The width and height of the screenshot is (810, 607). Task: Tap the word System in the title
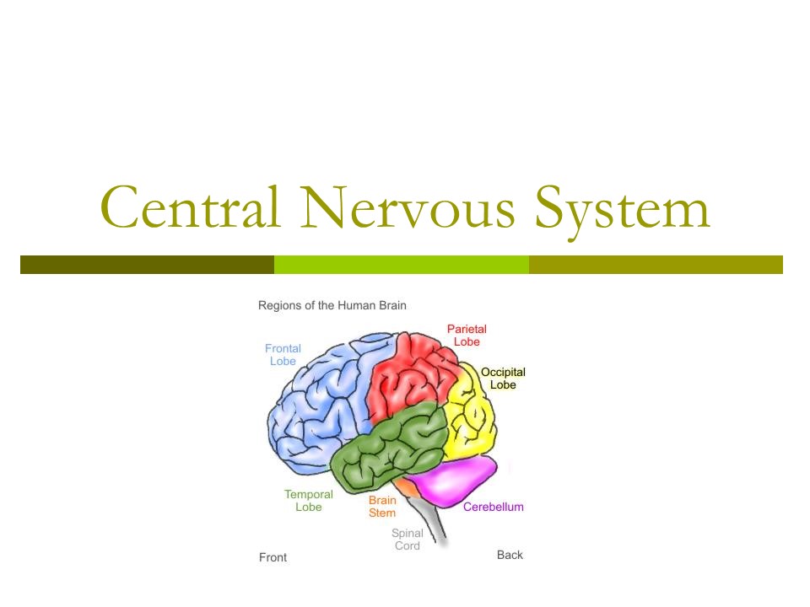(x=623, y=209)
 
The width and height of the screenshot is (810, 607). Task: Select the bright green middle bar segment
(x=402, y=265)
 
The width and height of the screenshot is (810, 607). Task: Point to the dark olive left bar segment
(x=147, y=265)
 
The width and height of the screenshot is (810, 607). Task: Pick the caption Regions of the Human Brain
(x=332, y=305)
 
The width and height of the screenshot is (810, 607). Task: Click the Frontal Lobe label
(x=283, y=355)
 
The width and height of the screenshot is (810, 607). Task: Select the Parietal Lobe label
(x=467, y=336)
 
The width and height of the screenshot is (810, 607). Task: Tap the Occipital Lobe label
(x=503, y=379)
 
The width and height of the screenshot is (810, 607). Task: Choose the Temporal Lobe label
(x=308, y=501)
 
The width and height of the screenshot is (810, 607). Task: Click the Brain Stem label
(x=382, y=507)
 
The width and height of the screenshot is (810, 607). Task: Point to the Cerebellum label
(x=494, y=507)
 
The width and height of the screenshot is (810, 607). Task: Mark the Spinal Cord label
(x=408, y=540)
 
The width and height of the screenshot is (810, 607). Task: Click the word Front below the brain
(x=273, y=557)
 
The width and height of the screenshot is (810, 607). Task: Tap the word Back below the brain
(x=510, y=555)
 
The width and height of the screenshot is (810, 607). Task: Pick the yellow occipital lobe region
(x=471, y=417)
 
